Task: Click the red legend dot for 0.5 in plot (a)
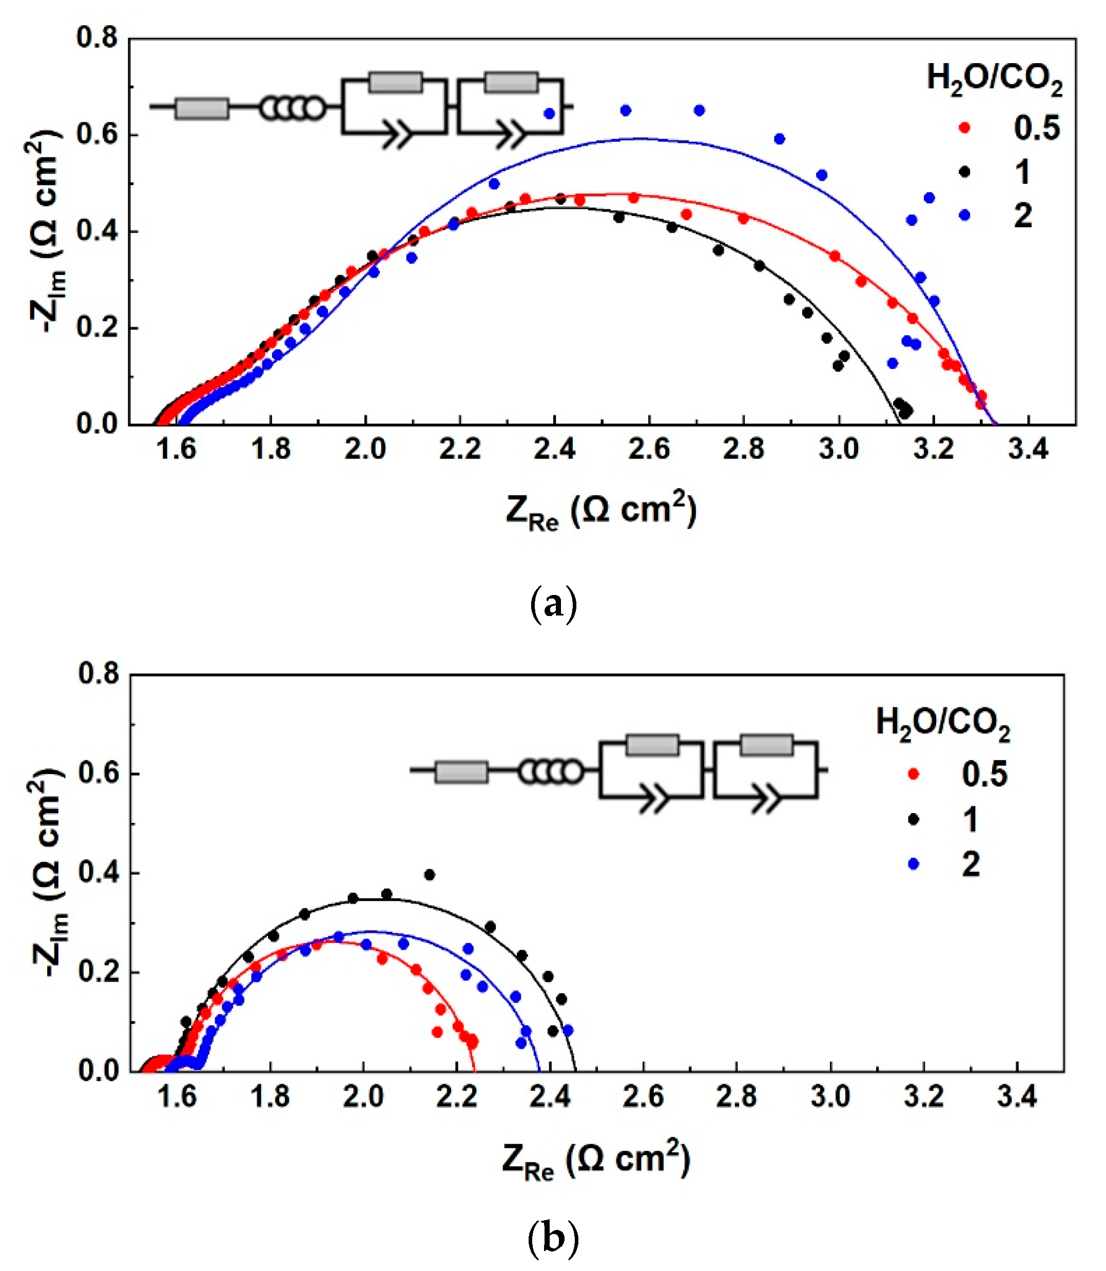[x=964, y=128]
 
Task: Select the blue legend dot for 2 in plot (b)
[x=914, y=864]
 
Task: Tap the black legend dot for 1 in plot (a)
[x=964, y=171]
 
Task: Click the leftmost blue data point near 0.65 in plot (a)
[x=549, y=113]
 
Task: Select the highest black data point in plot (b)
[x=430, y=875]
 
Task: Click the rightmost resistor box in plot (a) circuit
[x=511, y=83]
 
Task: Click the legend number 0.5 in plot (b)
[x=984, y=774]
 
